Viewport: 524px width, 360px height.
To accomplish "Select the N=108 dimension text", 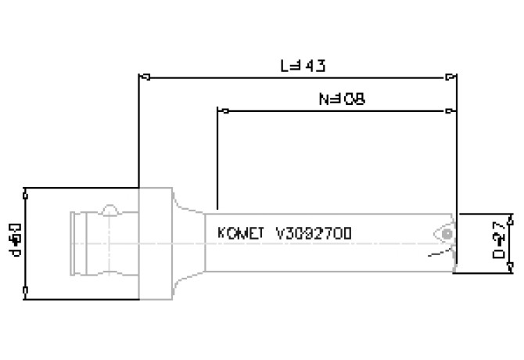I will tap(342, 100).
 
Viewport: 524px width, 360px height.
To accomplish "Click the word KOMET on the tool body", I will tap(240, 233).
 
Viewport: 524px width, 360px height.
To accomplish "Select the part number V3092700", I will tap(314, 233).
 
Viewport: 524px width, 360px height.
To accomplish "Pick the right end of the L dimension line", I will tap(452, 77).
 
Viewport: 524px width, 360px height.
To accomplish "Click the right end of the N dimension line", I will tap(450, 111).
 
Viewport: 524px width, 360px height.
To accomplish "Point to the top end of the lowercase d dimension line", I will tap(27, 191).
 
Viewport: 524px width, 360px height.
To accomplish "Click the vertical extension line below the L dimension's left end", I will tap(139, 133).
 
